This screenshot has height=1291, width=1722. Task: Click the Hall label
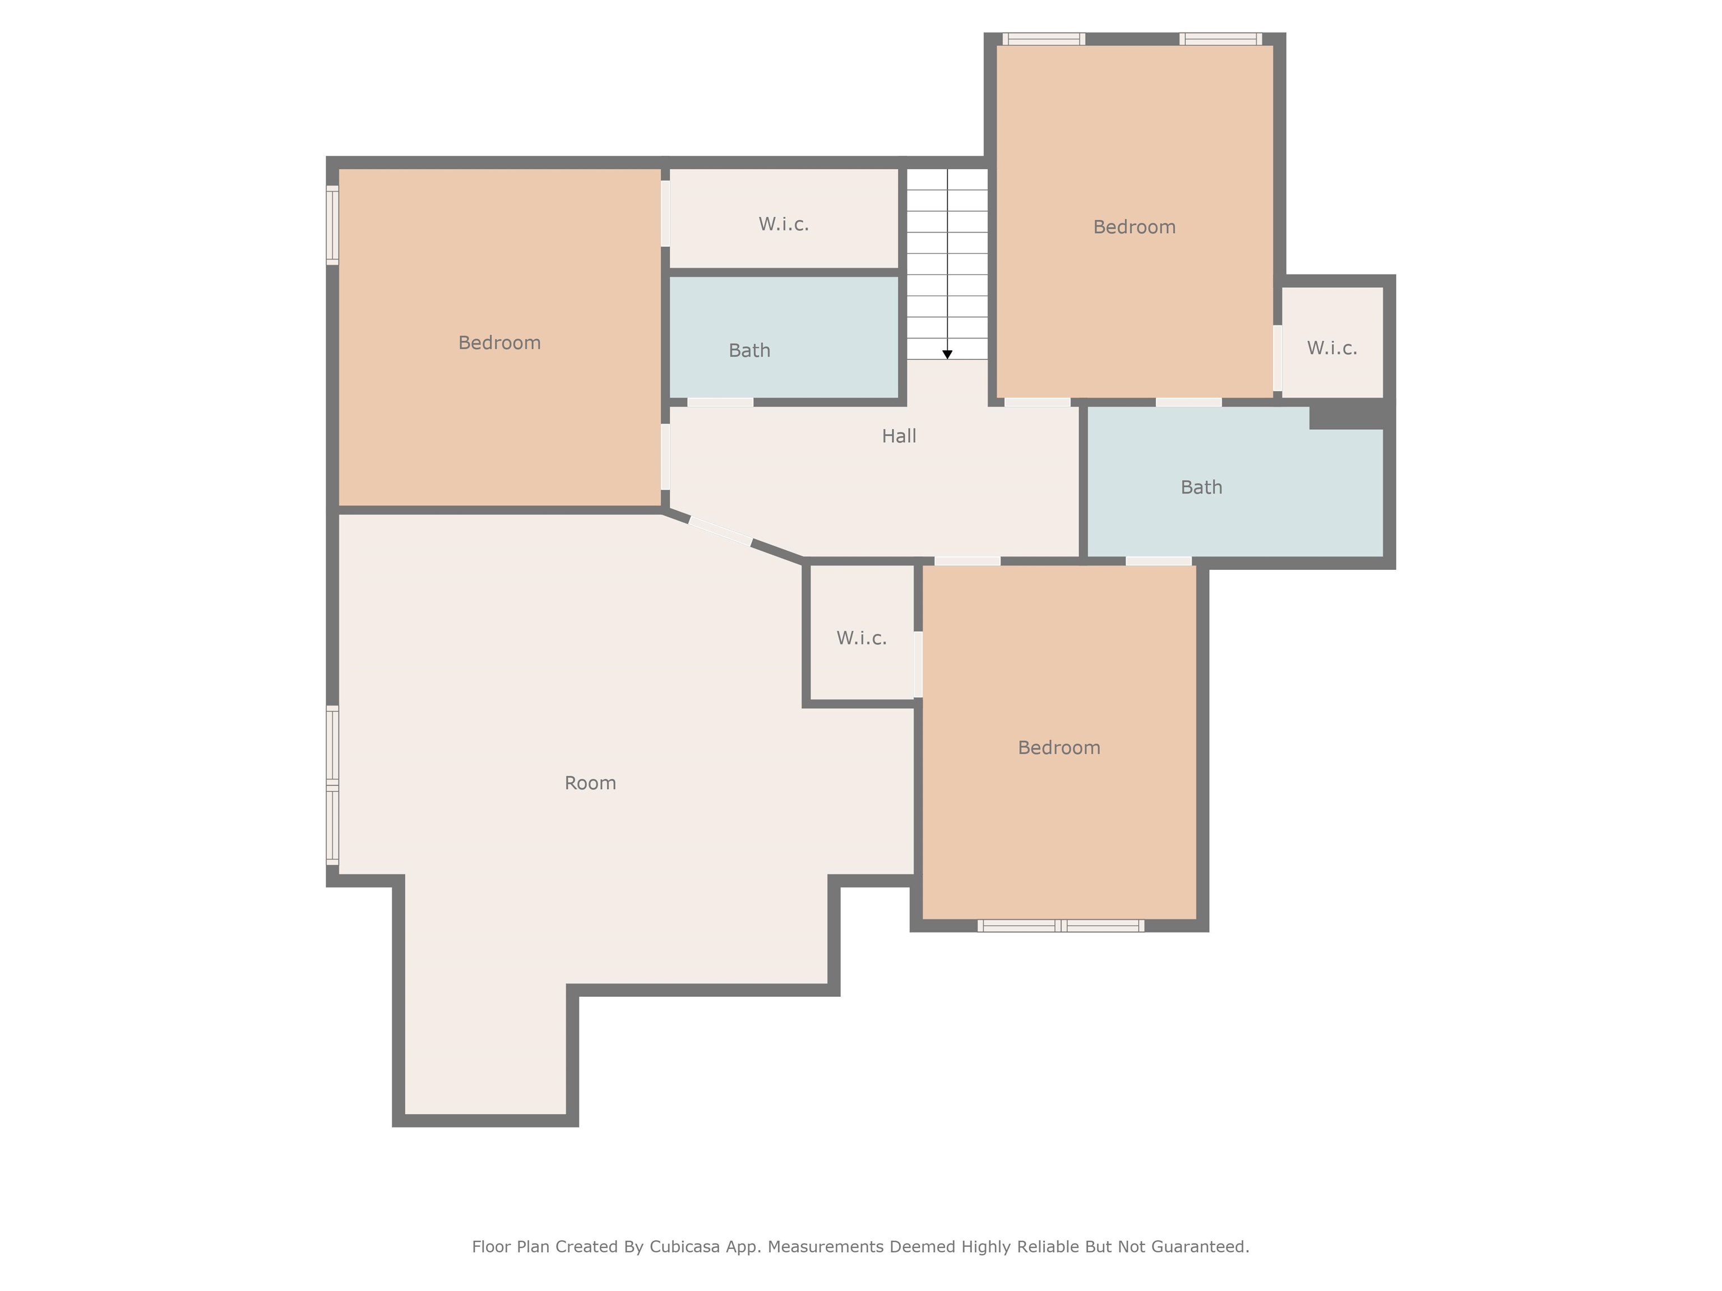click(899, 436)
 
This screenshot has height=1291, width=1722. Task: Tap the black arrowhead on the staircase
click(947, 354)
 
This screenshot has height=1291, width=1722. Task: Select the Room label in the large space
click(590, 783)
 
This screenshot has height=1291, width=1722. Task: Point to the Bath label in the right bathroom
click(1201, 487)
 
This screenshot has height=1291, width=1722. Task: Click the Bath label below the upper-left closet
click(749, 350)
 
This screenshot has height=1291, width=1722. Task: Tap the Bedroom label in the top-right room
click(1134, 227)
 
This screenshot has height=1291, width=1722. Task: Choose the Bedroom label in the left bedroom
click(499, 342)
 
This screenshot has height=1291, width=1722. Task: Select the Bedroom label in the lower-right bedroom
click(1059, 748)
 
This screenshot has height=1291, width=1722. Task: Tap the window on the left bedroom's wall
click(332, 225)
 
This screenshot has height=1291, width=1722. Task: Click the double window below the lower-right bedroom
click(1061, 925)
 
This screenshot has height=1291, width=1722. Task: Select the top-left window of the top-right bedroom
click(1043, 39)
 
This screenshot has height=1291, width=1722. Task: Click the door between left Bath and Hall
click(720, 402)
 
